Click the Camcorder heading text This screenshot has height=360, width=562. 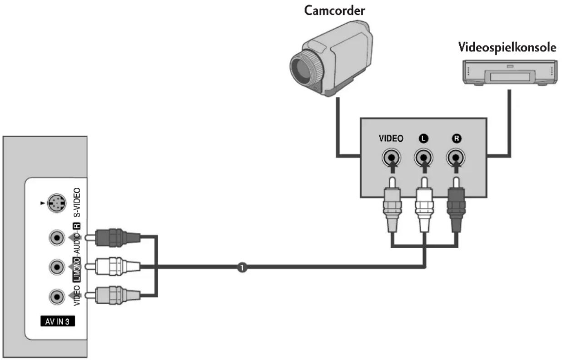[x=334, y=11]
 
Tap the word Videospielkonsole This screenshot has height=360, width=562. [x=507, y=47]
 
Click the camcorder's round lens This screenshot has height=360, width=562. [x=304, y=68]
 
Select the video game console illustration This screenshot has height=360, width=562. [x=510, y=73]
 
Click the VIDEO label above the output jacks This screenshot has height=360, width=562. [x=391, y=138]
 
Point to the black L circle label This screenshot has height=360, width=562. [x=424, y=139]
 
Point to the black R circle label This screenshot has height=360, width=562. [x=457, y=139]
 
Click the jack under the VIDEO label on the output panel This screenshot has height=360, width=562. [x=391, y=158]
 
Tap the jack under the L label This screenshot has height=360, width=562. [x=423, y=158]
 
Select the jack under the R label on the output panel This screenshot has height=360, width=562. [x=456, y=158]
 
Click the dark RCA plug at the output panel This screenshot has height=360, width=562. [x=456, y=205]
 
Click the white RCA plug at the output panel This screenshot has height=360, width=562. [x=424, y=205]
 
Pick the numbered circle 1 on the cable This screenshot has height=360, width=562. [x=242, y=267]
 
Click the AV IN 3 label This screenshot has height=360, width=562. [x=57, y=321]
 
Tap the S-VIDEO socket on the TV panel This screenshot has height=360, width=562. [x=57, y=203]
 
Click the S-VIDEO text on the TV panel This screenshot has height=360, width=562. [x=77, y=202]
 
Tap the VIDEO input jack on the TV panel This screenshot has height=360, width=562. [x=57, y=296]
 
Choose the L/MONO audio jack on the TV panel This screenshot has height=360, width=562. [x=57, y=267]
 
